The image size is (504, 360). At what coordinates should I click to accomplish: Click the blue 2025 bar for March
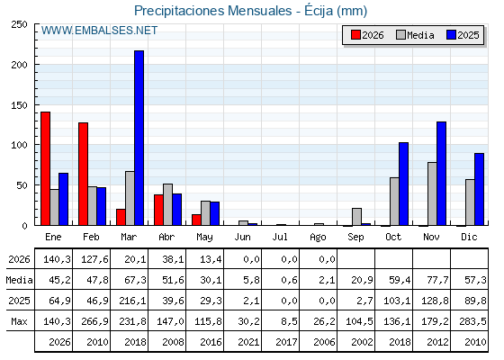[139, 138]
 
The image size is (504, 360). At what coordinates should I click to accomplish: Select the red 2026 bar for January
[45, 169]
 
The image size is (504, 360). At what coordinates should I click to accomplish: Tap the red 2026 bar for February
[83, 174]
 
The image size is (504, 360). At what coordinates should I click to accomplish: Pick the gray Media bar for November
[432, 193]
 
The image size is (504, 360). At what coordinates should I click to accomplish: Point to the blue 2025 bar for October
[404, 184]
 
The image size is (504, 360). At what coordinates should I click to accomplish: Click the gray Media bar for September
[356, 217]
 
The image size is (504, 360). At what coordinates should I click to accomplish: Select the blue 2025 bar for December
[479, 189]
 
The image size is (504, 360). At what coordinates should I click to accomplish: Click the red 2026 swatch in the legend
[355, 35]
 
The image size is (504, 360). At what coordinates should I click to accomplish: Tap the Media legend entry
[415, 35]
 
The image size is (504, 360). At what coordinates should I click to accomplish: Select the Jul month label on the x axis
[280, 237]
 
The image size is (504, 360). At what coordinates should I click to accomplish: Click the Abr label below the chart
[166, 237]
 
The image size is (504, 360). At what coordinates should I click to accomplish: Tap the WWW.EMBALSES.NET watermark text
[99, 31]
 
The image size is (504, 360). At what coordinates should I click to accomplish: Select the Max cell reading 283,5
[472, 321]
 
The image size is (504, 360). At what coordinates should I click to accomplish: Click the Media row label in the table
[19, 280]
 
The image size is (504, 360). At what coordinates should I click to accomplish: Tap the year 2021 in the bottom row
[248, 342]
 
